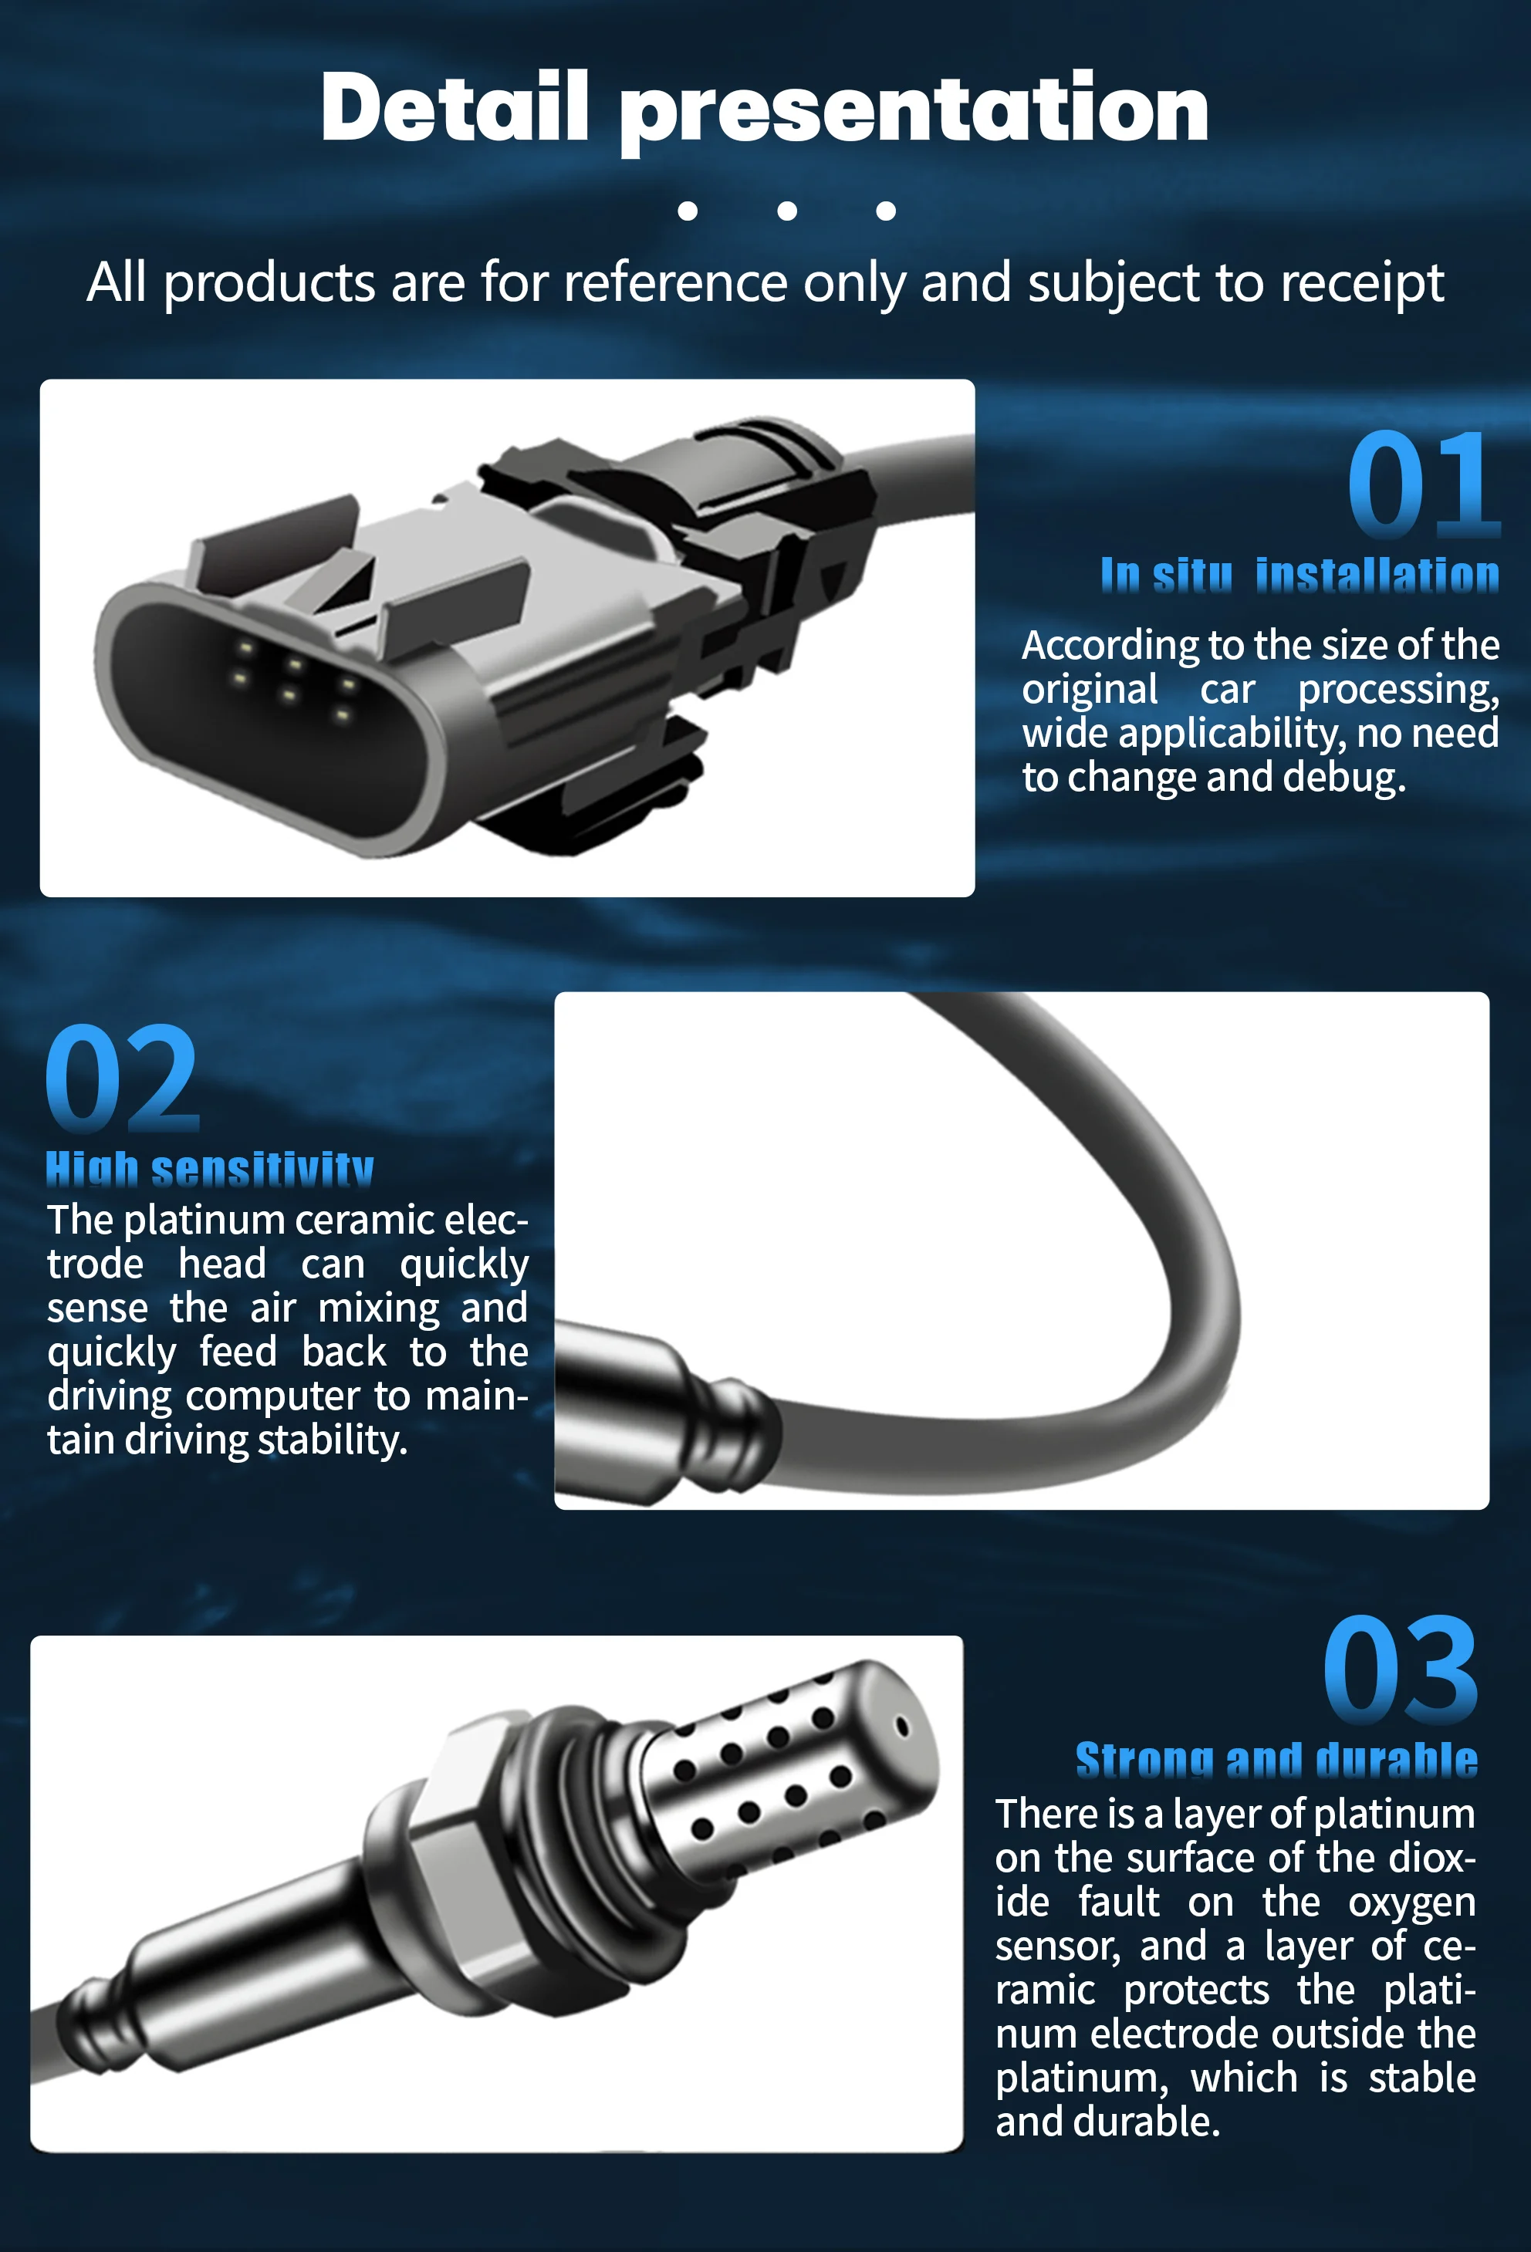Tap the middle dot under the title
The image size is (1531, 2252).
[x=787, y=211]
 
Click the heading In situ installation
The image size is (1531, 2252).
[x=1299, y=576]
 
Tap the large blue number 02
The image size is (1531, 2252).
[x=122, y=1079]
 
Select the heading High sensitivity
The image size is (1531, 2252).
[x=209, y=1170]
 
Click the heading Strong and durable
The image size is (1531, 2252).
[x=1276, y=1761]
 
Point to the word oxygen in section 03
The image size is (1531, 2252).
[x=1411, y=1903]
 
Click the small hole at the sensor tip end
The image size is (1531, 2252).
[x=902, y=1727]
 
